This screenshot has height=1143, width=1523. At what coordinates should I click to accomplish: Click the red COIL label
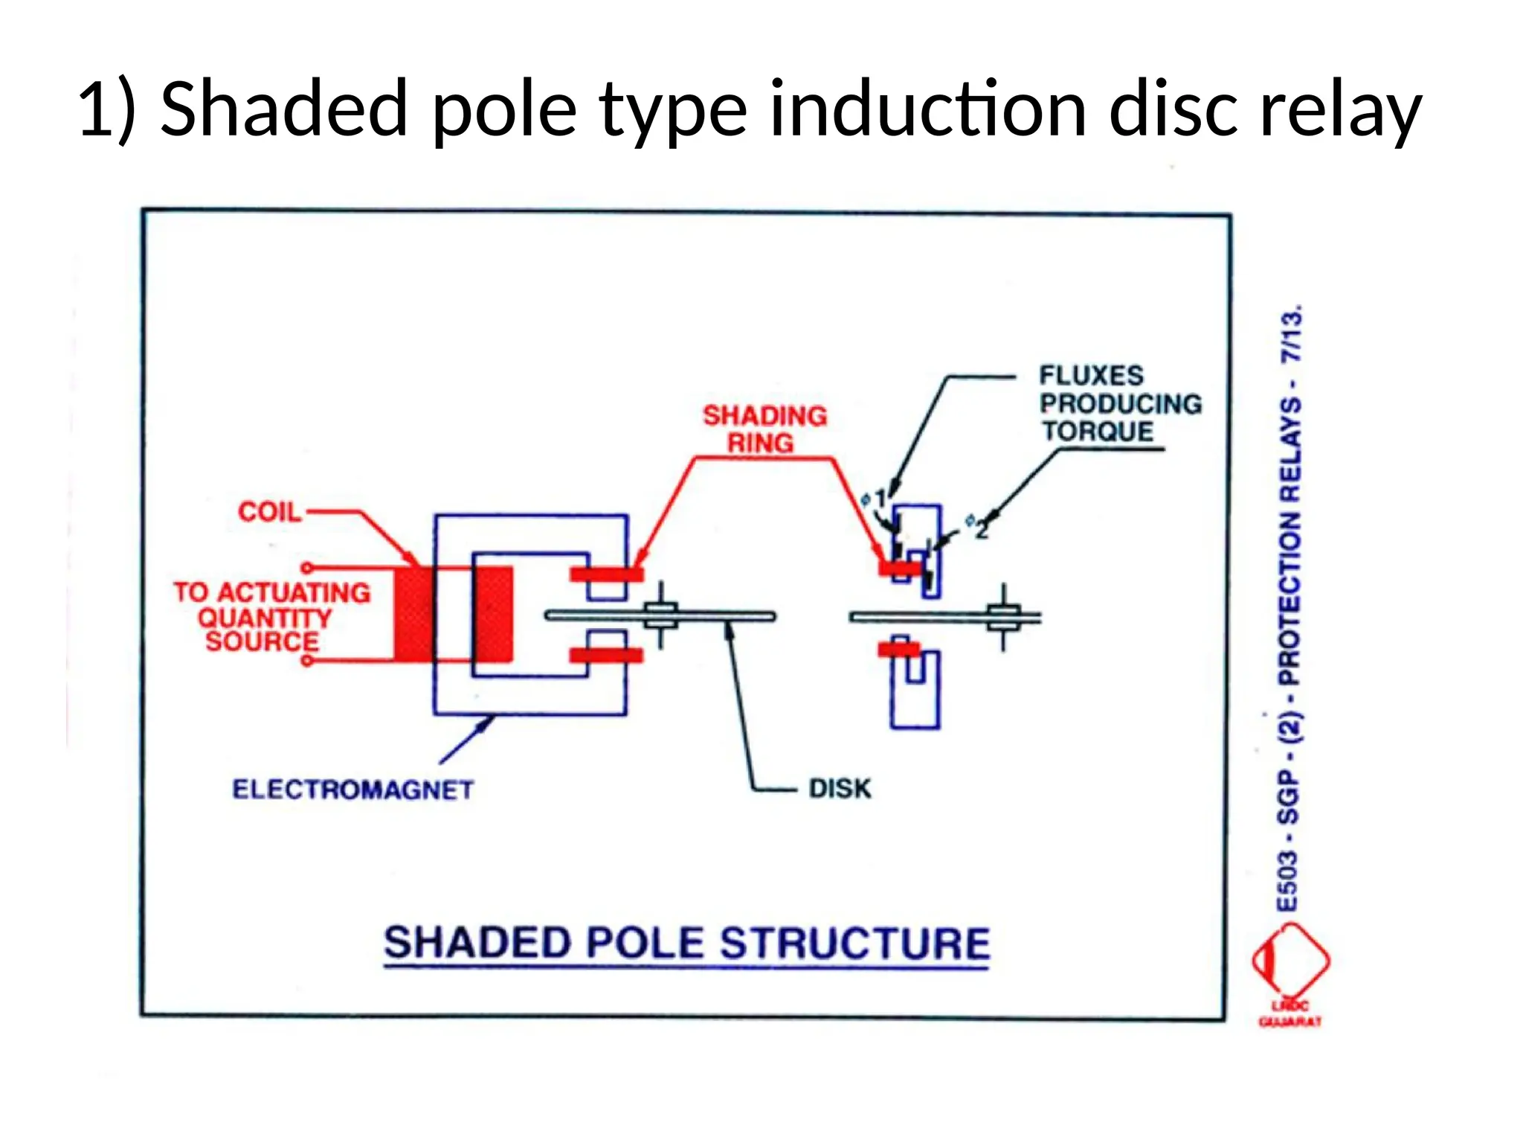pyautogui.click(x=269, y=512)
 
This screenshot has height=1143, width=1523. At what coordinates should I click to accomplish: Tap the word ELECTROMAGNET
pyautogui.click(x=352, y=790)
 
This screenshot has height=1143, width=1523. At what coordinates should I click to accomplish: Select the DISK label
pyautogui.click(x=840, y=788)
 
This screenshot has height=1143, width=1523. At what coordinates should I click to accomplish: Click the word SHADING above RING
pyautogui.click(x=764, y=415)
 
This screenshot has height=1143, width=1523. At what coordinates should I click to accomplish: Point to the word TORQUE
pyautogui.click(x=1097, y=431)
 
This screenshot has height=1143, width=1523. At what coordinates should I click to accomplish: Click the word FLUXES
pyautogui.click(x=1091, y=375)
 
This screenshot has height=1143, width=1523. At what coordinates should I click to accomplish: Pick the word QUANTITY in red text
pyautogui.click(x=264, y=618)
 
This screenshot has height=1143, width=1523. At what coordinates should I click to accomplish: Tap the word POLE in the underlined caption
pyautogui.click(x=644, y=943)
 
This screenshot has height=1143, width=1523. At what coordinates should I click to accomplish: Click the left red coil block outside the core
pyautogui.click(x=413, y=615)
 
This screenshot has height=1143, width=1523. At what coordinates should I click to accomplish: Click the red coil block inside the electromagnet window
pyautogui.click(x=494, y=615)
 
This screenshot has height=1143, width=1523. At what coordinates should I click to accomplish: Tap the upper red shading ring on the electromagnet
pyautogui.click(x=606, y=574)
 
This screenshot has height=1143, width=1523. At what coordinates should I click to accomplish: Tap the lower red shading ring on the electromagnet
pyautogui.click(x=606, y=655)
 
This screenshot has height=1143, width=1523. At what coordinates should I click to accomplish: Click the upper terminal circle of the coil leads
pyautogui.click(x=306, y=569)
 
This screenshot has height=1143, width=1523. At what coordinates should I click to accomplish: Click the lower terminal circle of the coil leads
pyautogui.click(x=306, y=660)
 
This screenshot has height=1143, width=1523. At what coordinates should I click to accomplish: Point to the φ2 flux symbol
pyautogui.click(x=977, y=525)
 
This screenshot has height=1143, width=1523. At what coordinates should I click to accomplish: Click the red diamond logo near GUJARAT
pyautogui.click(x=1290, y=960)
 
